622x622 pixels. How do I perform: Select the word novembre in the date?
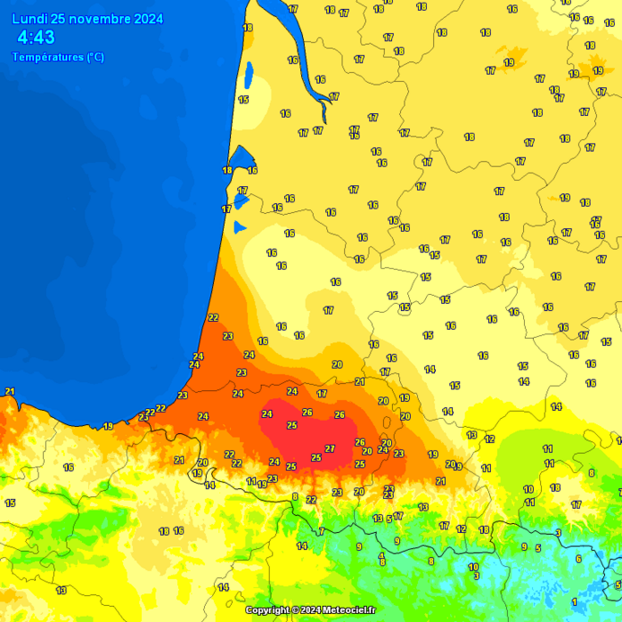pos(101,19)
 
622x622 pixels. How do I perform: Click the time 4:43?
pos(36,38)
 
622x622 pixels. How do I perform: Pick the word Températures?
pos(48,58)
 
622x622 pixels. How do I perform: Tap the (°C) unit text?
pos(95,58)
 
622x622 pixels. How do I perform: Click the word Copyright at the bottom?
pos(268,610)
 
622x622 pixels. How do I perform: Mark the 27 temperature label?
pos(330,449)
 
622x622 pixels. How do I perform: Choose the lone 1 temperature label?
pos(574,601)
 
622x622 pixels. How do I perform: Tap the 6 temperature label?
pos(578,558)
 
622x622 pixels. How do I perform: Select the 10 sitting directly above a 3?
pos(473,566)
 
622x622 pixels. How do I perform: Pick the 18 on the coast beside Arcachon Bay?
pos(227,170)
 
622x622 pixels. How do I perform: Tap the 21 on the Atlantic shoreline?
pos(10,391)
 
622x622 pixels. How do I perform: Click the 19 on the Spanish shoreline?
pos(108,426)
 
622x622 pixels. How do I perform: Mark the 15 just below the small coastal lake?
pos(243,100)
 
